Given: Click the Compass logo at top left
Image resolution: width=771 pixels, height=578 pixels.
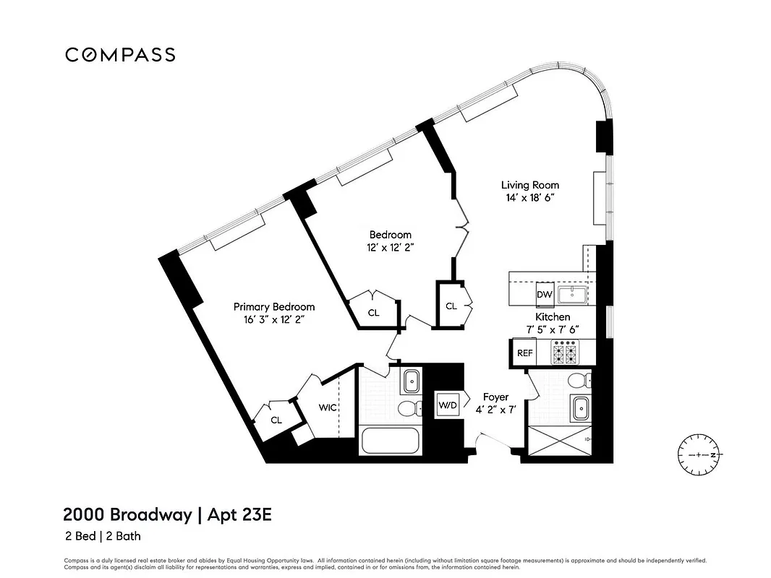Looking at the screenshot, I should point(120,55).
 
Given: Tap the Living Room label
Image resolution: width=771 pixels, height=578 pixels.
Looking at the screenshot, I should point(529,185).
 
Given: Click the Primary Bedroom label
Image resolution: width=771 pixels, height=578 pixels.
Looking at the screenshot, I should point(273,306).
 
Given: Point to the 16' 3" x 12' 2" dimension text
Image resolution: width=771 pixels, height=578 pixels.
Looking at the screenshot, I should point(273,319).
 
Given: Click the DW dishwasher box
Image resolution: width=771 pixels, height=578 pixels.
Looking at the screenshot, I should point(544,295).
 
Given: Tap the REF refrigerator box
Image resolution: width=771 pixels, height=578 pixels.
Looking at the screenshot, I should point(524,353).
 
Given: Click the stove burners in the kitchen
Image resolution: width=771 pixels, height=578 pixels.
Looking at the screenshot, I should point(565,353).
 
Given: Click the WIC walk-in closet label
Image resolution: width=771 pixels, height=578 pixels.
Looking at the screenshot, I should point(328,407).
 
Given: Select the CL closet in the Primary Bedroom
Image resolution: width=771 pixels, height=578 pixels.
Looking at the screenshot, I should point(276,420).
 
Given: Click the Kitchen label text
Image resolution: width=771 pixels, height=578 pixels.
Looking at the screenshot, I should point(553,316).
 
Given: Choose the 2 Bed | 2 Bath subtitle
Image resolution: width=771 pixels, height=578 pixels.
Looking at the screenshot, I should point(101,538).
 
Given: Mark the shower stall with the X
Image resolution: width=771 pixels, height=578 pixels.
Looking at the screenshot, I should point(558,440).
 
